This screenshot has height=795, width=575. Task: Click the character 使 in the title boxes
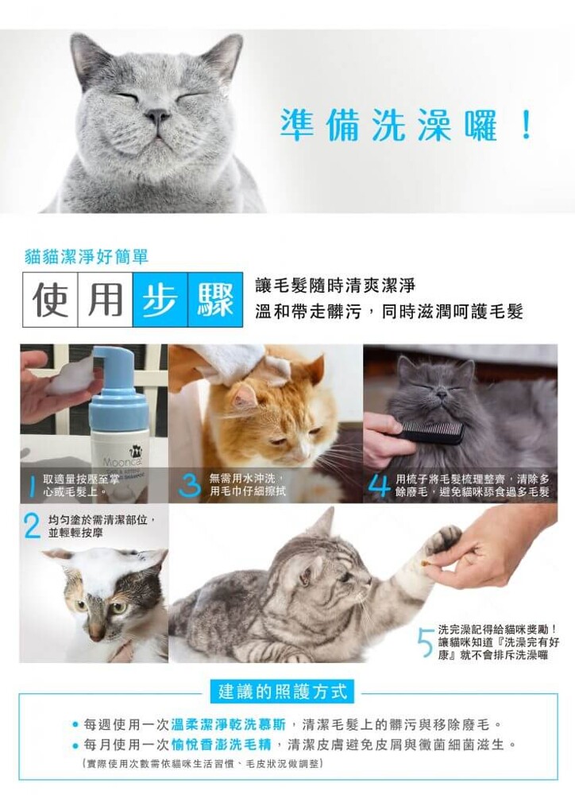(x=50, y=301)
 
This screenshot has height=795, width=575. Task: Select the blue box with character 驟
(x=215, y=301)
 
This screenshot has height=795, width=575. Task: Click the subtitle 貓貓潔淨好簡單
(x=87, y=257)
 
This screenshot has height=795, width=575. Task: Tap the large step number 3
(x=190, y=485)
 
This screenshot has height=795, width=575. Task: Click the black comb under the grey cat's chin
(x=430, y=432)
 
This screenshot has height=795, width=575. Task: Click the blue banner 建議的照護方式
(x=283, y=692)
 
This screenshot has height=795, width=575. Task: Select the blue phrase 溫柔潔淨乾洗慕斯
(x=229, y=723)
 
